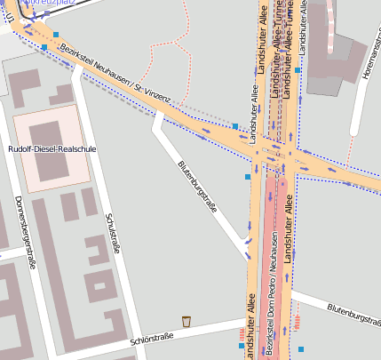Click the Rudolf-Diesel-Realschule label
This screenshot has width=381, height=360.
point(52,149)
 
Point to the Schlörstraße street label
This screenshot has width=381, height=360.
point(150,338)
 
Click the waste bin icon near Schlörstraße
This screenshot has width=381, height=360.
point(187,321)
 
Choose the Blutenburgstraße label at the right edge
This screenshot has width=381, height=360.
point(353,313)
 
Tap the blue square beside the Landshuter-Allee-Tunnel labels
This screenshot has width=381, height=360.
point(298,69)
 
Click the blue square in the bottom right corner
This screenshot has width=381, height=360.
point(301,348)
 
